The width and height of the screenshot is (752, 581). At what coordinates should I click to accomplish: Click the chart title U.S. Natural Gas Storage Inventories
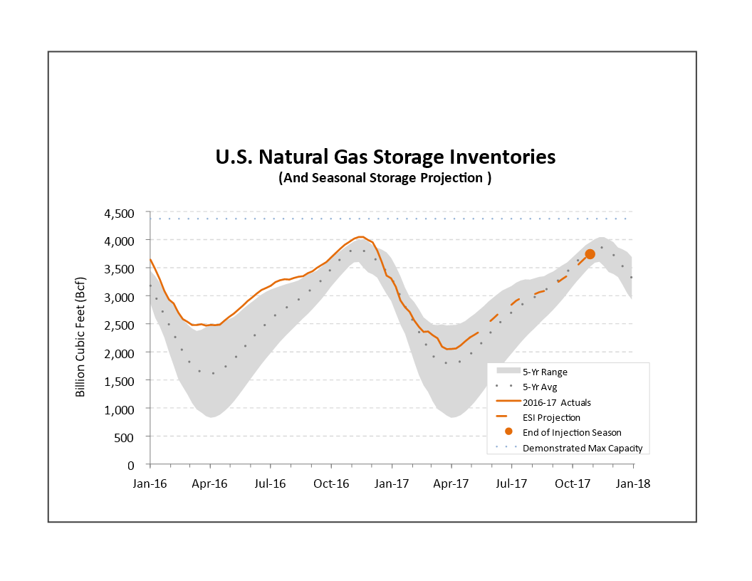pyautogui.click(x=385, y=157)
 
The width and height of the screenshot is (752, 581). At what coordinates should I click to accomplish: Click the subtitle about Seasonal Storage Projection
pyautogui.click(x=385, y=178)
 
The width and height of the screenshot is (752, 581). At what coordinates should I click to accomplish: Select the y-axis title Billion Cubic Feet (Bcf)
pyautogui.click(x=80, y=338)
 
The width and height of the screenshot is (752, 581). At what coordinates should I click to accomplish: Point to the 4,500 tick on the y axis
pyautogui.click(x=120, y=213)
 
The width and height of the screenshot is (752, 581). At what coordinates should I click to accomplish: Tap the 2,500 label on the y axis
pyautogui.click(x=120, y=325)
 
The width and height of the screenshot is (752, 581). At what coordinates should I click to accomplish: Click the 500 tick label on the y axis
pyautogui.click(x=125, y=436)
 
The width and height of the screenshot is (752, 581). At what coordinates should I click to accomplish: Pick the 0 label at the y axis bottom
pyautogui.click(x=130, y=464)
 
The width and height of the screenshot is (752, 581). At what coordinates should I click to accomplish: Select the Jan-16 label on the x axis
pyautogui.click(x=150, y=483)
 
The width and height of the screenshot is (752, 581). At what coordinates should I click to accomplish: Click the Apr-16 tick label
pyautogui.click(x=210, y=483)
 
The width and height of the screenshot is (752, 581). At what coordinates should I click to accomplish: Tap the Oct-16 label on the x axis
pyautogui.click(x=331, y=483)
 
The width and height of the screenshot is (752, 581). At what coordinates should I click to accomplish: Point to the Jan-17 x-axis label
pyautogui.click(x=392, y=483)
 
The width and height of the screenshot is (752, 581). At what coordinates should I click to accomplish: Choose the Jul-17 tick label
pyautogui.click(x=511, y=483)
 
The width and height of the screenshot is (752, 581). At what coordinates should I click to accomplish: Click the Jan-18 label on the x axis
pyautogui.click(x=632, y=483)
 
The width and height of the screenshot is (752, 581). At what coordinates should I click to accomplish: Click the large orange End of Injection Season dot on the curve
pyautogui.click(x=590, y=254)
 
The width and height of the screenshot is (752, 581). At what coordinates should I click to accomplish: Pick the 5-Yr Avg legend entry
pyautogui.click(x=539, y=387)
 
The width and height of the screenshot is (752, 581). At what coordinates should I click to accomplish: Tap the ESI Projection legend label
pyautogui.click(x=551, y=417)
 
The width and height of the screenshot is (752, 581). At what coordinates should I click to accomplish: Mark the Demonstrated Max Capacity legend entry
pyautogui.click(x=577, y=448)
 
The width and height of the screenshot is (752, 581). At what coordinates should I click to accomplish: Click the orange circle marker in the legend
pyautogui.click(x=508, y=432)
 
